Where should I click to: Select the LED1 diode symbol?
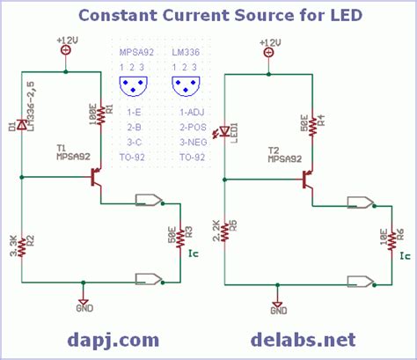click(226, 131)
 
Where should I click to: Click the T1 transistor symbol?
click(94, 178)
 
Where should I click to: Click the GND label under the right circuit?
click(278, 311)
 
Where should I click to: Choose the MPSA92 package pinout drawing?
click(134, 86)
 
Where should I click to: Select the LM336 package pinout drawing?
click(187, 86)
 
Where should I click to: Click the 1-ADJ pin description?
click(191, 114)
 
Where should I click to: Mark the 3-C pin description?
click(134, 142)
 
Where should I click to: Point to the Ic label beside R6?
click(404, 255)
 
